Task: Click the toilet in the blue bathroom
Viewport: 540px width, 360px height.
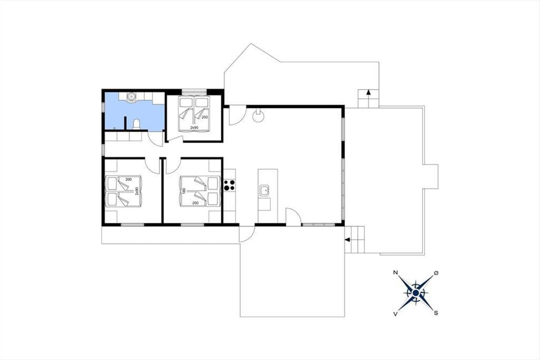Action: tap(136, 124)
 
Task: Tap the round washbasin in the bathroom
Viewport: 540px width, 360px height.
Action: tap(131, 96)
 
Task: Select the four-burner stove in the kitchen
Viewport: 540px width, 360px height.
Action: tap(229, 185)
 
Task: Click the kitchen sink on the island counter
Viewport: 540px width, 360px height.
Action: tap(265, 190)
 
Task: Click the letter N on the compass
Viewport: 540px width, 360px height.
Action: tap(395, 273)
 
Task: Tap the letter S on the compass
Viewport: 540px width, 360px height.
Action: tap(436, 313)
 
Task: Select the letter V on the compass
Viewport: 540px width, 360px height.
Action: tap(395, 314)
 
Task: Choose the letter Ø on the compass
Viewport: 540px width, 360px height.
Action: tap(436, 273)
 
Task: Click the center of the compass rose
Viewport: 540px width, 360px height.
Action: tap(416, 293)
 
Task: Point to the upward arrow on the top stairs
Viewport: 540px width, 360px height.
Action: tap(368, 93)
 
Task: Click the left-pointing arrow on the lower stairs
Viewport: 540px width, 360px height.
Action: tap(347, 240)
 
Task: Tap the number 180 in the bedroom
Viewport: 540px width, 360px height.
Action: tap(184, 191)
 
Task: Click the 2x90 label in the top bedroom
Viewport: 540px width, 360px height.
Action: tap(194, 127)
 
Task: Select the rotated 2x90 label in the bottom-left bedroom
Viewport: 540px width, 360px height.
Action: tap(137, 191)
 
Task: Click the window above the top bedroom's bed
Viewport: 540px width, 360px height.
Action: tap(194, 92)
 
